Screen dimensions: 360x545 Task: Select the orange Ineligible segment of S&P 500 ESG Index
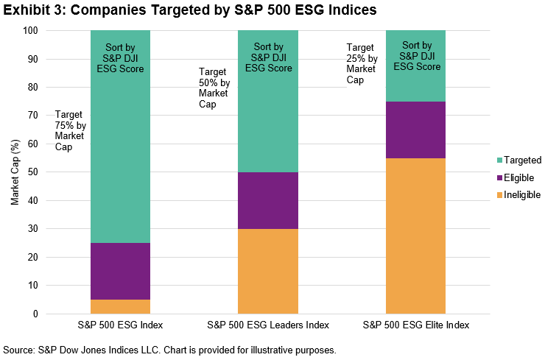[120, 306]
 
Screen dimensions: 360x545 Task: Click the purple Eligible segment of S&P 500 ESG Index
[120, 271]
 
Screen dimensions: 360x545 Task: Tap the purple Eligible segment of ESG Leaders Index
[268, 200]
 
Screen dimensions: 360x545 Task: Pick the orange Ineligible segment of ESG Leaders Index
[268, 271]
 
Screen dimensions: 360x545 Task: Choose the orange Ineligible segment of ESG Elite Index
[415, 236]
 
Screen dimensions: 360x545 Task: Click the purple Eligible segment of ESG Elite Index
[415, 130]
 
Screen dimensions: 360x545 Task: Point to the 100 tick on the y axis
[30, 31]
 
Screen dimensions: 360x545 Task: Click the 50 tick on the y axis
[32, 172]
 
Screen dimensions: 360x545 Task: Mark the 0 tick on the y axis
[35, 314]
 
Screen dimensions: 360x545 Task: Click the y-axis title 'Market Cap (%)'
[14, 172]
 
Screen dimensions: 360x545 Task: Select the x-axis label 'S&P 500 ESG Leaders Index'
[268, 325]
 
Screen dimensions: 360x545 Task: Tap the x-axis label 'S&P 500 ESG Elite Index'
[415, 325]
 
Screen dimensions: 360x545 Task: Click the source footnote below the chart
[170, 350]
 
